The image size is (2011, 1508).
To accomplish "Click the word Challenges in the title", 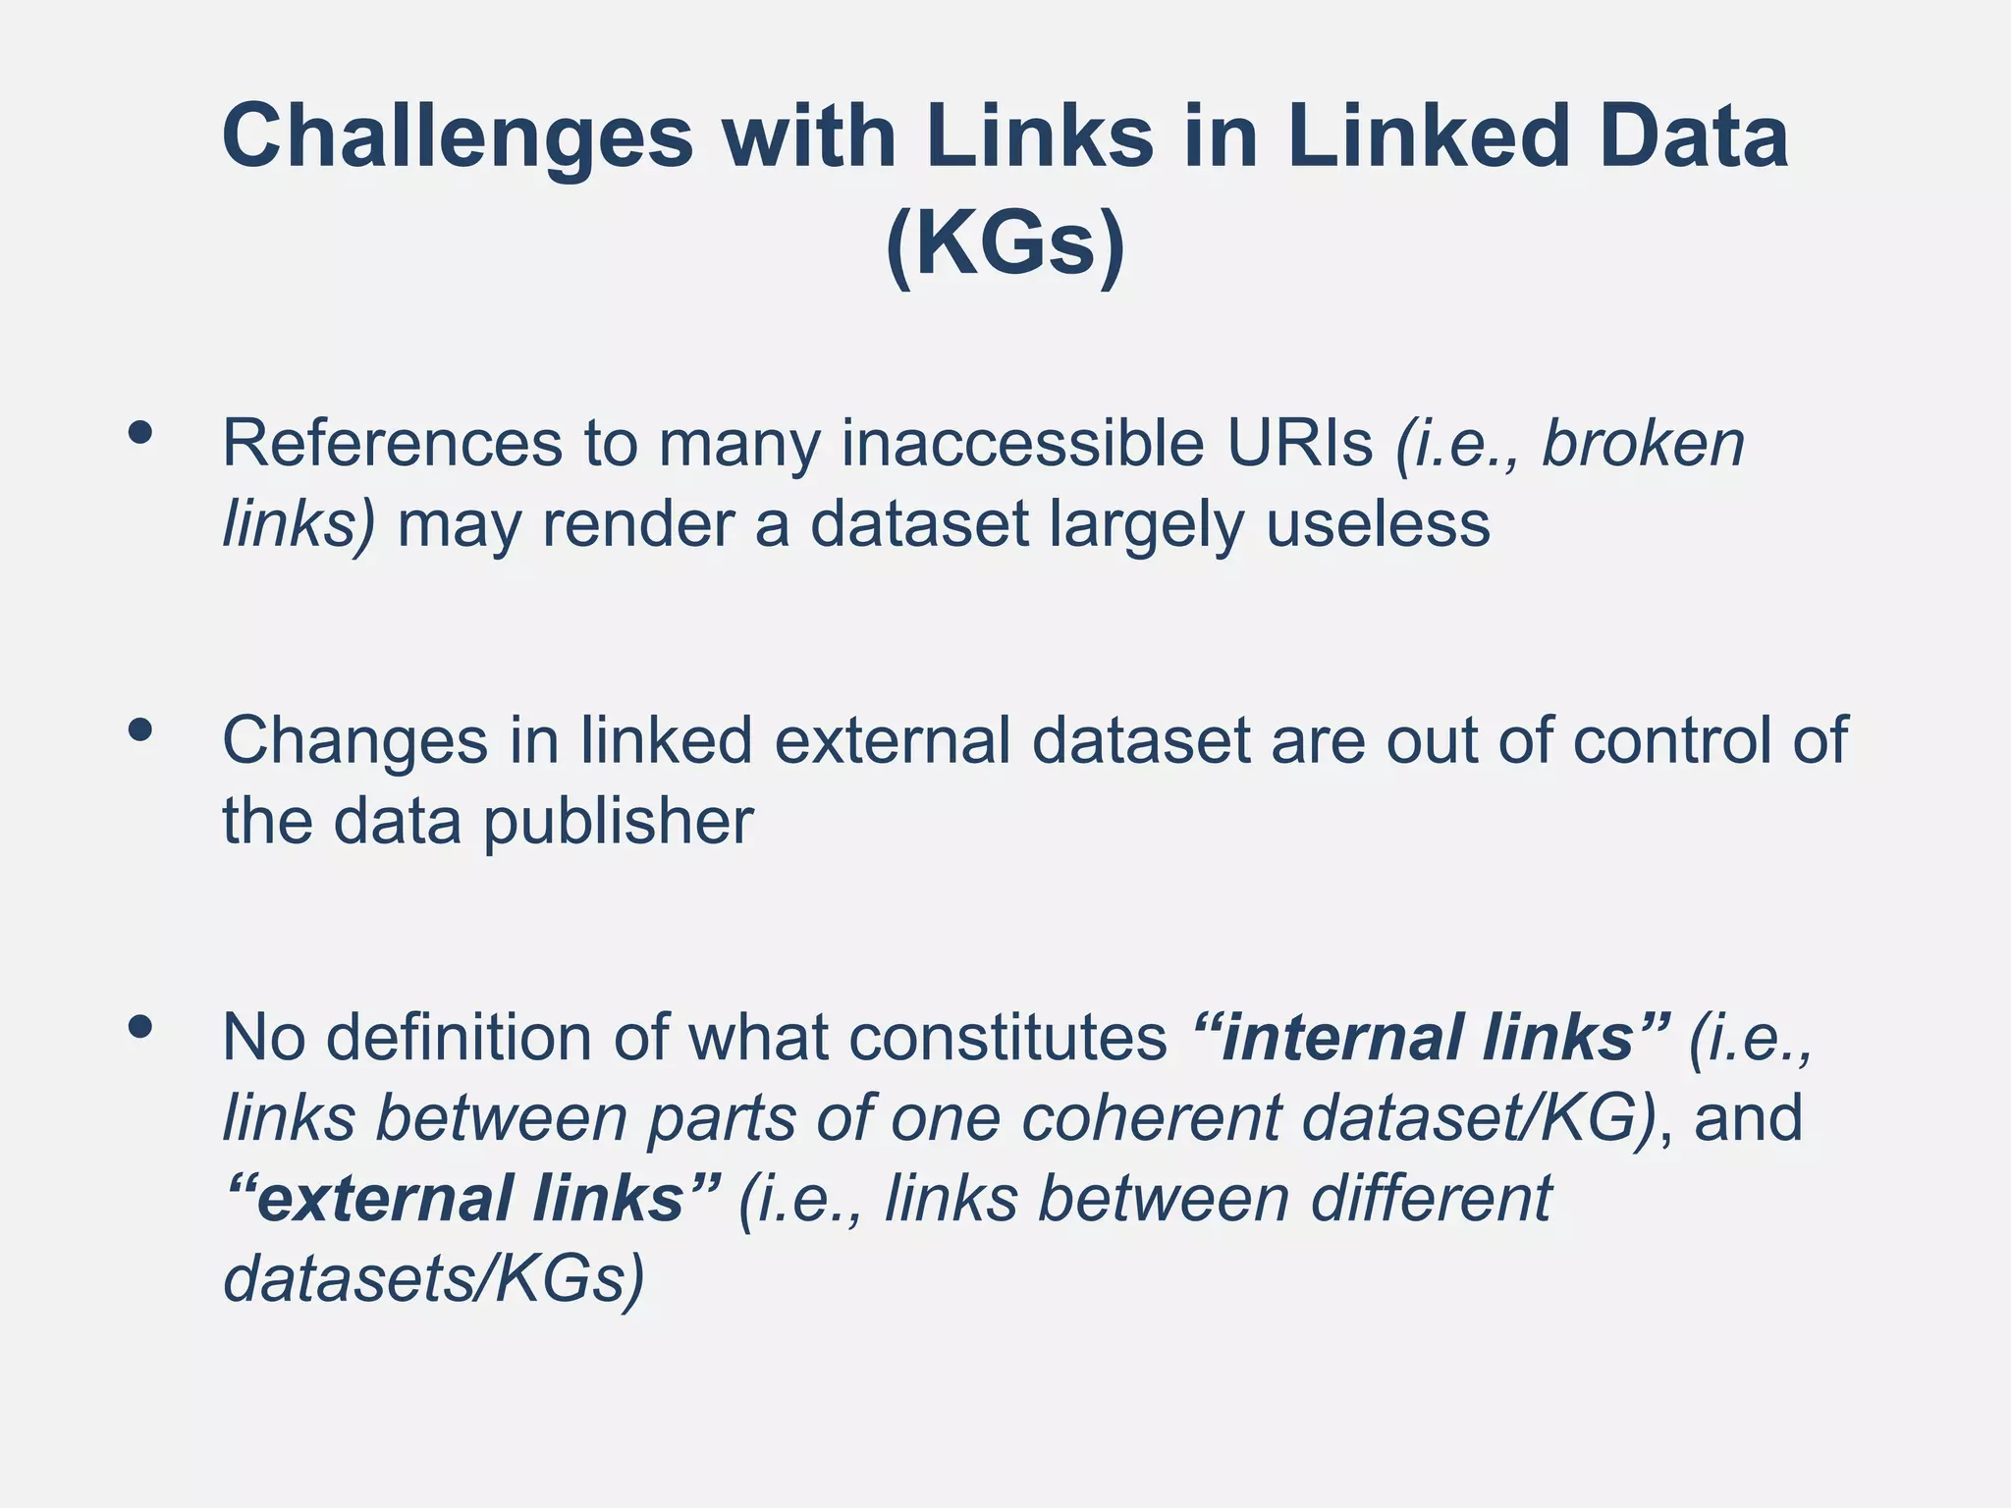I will click(x=458, y=137).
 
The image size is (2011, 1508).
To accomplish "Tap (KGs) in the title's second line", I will click(x=1005, y=245).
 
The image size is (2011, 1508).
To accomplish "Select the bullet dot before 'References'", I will click(x=140, y=433).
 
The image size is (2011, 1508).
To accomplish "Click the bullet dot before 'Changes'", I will click(x=140, y=729).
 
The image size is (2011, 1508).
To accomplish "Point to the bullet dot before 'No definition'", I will click(x=140, y=1027).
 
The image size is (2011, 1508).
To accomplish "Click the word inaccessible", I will click(x=1022, y=444).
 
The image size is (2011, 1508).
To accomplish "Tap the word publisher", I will click(x=619, y=822).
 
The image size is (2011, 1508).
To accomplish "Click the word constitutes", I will click(x=1007, y=1038).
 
